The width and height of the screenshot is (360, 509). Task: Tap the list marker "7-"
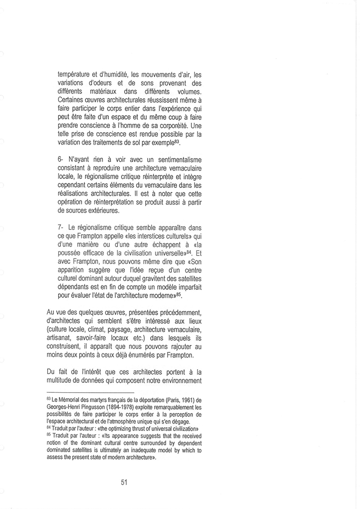tap(61, 226)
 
